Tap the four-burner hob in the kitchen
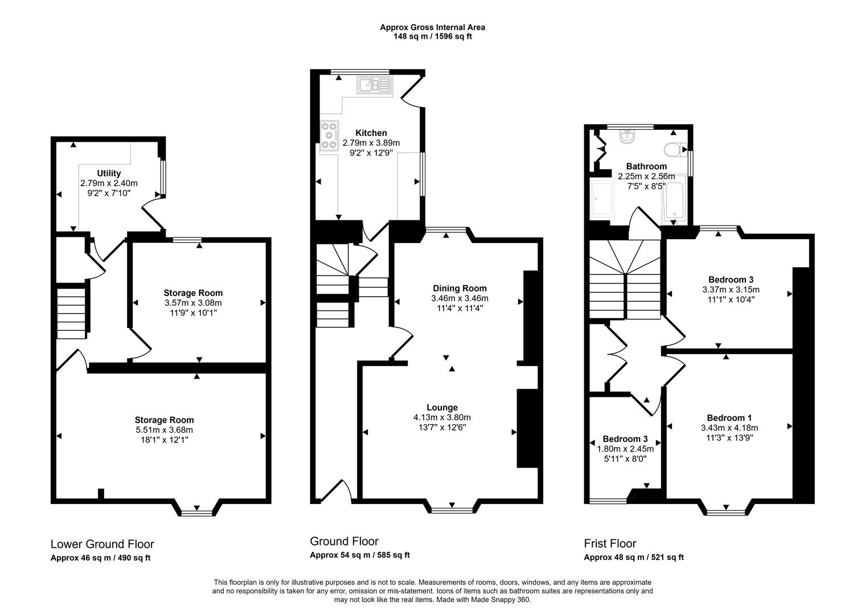(x=329, y=136)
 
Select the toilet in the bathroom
(x=673, y=149)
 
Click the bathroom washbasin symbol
(x=627, y=137)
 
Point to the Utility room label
(x=109, y=173)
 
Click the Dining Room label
(x=460, y=288)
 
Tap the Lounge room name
(x=442, y=407)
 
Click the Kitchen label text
(x=371, y=133)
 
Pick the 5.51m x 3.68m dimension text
(x=164, y=430)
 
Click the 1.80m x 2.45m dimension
(x=625, y=449)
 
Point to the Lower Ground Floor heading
(x=103, y=544)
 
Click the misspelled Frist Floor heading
(x=610, y=543)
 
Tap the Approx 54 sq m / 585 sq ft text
(x=359, y=555)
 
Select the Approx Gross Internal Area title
(x=432, y=27)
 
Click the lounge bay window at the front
(x=452, y=509)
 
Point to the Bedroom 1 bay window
(x=726, y=512)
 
